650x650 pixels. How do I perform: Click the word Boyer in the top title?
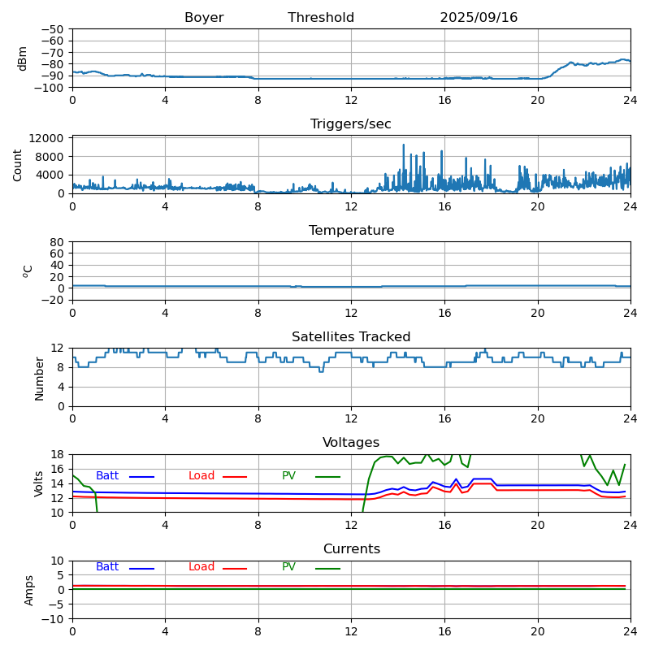tap(204, 18)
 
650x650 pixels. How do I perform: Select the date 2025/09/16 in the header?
tap(479, 18)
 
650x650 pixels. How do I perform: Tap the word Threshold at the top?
tap(321, 18)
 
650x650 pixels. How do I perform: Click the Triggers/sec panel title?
tap(351, 124)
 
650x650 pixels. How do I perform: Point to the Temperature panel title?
tap(351, 231)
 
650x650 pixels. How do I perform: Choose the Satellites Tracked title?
tap(351, 337)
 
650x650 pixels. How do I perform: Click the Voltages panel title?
tap(351, 443)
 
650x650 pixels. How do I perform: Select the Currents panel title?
tap(351, 549)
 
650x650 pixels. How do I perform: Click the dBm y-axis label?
tap(23, 58)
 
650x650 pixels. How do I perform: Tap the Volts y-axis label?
tap(39, 483)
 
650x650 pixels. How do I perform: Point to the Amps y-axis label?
tap(29, 590)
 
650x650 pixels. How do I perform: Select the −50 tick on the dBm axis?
tap(53, 29)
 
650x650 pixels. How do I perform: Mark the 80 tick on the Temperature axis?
tap(58, 242)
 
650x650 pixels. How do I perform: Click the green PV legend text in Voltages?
tap(288, 476)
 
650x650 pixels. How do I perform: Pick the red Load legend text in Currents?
tap(201, 567)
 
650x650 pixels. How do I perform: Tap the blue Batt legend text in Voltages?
tap(107, 476)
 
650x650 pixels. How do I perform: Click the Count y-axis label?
tap(18, 164)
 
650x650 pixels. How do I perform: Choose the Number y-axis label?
tap(39, 378)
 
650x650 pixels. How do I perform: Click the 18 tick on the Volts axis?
tap(58, 454)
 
